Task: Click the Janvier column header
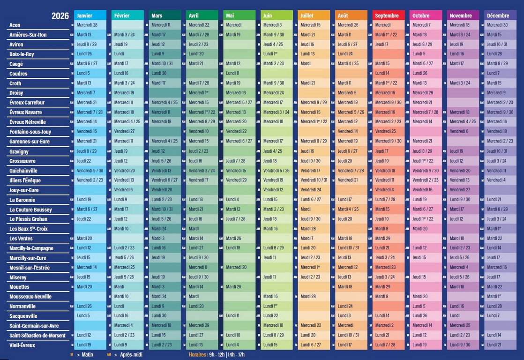90,15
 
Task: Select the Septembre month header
389,15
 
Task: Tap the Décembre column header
500,15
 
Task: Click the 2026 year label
60,16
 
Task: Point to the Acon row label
15,25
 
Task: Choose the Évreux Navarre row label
26,112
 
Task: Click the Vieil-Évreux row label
22,345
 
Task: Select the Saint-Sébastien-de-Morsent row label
37,336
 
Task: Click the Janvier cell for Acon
90,25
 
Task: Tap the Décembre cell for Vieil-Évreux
500,345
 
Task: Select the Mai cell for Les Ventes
239,239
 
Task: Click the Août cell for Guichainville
351,171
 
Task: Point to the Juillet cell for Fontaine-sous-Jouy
314,132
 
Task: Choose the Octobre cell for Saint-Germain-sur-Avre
426,325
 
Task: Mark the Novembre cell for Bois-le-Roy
463,54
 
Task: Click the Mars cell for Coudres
165,74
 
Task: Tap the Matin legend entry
84,355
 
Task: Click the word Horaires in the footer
197,355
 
